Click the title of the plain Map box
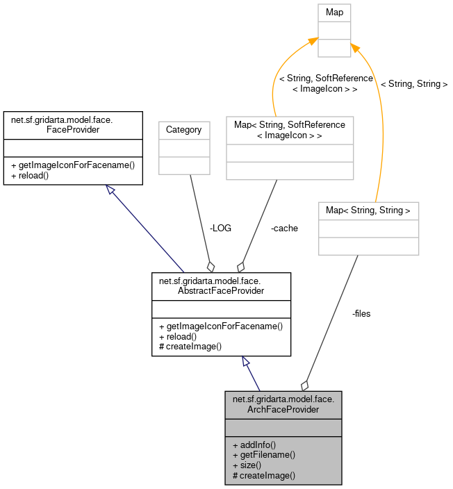(x=334, y=13)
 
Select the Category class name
(x=184, y=129)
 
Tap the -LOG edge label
(x=220, y=228)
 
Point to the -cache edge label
(x=284, y=228)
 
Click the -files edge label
(x=361, y=313)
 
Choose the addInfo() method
(x=254, y=445)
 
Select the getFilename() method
(x=264, y=455)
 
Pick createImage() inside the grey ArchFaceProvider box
(x=264, y=476)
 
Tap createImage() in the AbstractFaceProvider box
(x=190, y=347)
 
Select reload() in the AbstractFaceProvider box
(x=180, y=336)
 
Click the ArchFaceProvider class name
(x=283, y=404)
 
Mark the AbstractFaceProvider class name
(x=221, y=286)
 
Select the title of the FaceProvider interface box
(x=72, y=124)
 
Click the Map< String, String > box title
(x=368, y=209)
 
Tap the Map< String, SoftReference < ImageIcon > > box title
(x=290, y=129)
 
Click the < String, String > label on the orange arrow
(x=413, y=84)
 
